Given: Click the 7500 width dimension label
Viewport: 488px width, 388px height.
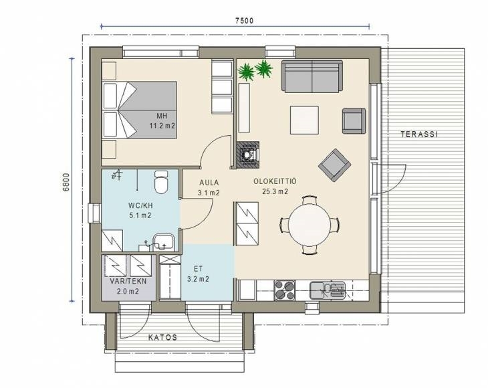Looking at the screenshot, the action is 244,21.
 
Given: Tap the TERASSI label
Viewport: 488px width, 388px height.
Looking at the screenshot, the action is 419,134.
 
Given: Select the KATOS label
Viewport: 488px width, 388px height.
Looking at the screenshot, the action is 162,337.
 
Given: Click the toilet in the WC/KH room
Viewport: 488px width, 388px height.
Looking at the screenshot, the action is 161,182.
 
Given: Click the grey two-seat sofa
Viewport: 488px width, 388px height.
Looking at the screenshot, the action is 312,76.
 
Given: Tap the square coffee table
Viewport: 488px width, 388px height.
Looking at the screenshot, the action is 304,120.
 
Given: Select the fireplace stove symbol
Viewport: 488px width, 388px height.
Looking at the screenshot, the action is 248,155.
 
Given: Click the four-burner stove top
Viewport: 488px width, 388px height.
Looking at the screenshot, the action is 285,290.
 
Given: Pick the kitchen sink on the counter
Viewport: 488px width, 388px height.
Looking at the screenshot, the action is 328,290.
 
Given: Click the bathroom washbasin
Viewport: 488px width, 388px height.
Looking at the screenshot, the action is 164,242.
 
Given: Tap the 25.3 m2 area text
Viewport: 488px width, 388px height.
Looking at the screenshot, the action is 275,191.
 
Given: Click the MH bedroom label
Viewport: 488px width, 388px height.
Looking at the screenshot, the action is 162,116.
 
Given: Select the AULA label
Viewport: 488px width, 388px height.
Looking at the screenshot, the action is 209,183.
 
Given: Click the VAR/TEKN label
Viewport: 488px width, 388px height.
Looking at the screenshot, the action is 128,281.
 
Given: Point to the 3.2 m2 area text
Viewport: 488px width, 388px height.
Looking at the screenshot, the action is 198,279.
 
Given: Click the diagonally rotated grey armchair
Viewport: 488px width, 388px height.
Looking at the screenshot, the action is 334,165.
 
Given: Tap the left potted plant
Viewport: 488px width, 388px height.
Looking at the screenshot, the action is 246,72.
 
